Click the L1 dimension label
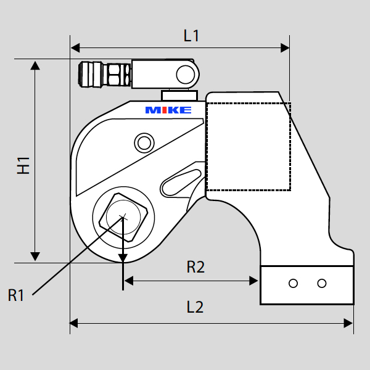(192, 36)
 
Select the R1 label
(17, 295)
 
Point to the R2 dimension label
(195, 267)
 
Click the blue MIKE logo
(168, 110)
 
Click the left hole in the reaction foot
(294, 283)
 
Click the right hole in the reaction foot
(321, 283)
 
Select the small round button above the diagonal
(144, 143)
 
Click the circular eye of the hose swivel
(185, 74)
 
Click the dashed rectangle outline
(248, 146)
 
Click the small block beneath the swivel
(179, 96)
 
